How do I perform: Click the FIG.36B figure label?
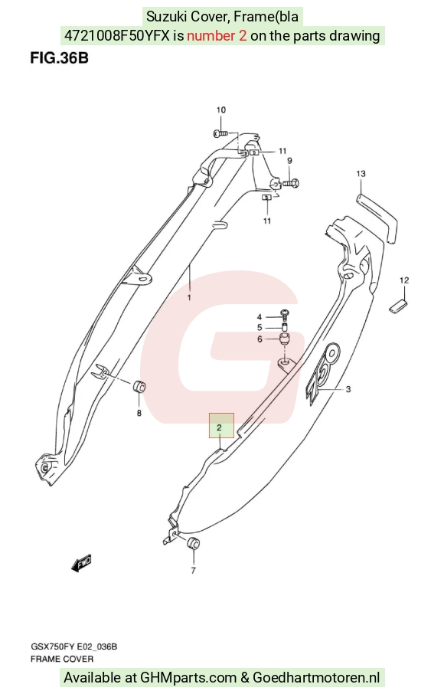(59, 58)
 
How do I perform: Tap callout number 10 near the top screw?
(221, 110)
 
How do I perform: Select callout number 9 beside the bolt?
(289, 161)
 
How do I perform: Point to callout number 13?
(361, 173)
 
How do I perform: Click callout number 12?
(404, 280)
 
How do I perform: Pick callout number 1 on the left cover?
(189, 297)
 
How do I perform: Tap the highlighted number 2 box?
(221, 425)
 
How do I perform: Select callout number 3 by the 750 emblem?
(348, 389)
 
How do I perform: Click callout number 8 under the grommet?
(139, 413)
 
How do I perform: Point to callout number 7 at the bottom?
(193, 571)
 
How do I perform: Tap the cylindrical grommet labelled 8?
(140, 386)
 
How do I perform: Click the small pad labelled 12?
(400, 306)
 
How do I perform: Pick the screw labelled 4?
(286, 315)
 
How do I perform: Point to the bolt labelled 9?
(292, 182)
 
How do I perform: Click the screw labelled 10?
(220, 133)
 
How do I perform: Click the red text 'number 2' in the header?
(217, 35)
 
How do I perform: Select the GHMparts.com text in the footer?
(188, 678)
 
